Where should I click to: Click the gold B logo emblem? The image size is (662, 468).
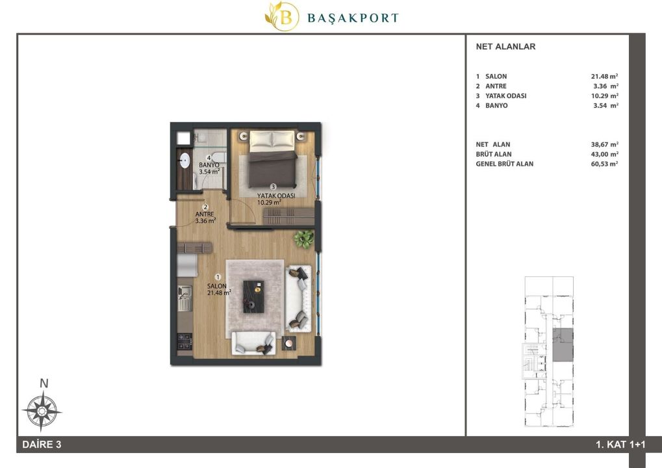click(x=281, y=16)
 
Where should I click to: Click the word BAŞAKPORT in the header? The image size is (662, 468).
click(x=353, y=18)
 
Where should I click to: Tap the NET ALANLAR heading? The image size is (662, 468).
click(x=505, y=47)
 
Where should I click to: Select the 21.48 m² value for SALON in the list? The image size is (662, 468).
click(x=605, y=77)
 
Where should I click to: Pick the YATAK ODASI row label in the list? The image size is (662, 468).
click(x=506, y=96)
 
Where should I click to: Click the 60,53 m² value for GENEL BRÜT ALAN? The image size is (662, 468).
click(x=605, y=164)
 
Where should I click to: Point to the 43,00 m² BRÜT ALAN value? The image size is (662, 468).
click(x=605, y=154)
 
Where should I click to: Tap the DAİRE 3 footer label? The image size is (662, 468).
click(x=42, y=445)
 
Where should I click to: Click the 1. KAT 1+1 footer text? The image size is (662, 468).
click(x=620, y=445)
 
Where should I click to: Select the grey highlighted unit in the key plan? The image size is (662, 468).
click(x=563, y=345)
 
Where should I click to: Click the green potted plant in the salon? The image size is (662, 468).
click(x=303, y=239)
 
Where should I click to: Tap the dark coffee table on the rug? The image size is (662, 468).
click(x=254, y=296)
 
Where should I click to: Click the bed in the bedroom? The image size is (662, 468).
click(x=272, y=159)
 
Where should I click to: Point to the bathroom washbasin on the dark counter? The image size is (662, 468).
click(x=185, y=161)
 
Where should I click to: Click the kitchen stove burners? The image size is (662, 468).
click(x=185, y=341)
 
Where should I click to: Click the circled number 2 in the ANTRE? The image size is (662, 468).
click(x=205, y=207)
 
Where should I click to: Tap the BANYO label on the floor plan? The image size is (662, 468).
click(x=209, y=165)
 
